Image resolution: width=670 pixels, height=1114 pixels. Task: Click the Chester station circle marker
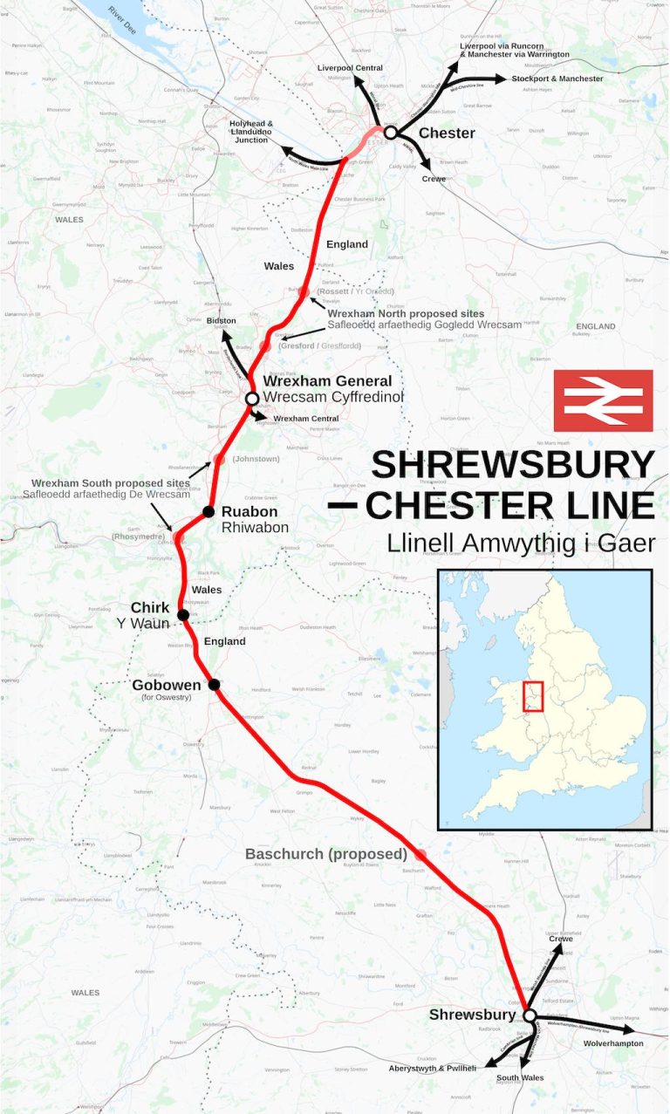[x=391, y=133]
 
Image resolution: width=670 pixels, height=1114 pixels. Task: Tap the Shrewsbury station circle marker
[x=529, y=1015]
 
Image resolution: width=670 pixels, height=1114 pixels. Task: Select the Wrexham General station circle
[x=252, y=399]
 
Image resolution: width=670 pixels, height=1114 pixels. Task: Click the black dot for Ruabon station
[x=209, y=511]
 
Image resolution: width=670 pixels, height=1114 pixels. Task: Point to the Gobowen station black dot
[x=214, y=685]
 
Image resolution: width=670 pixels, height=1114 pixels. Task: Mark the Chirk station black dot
[x=183, y=615]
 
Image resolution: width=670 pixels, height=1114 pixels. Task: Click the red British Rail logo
[x=603, y=400]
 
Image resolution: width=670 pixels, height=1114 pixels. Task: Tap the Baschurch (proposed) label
[x=325, y=853]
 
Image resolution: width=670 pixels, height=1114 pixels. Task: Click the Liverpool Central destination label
[x=350, y=67]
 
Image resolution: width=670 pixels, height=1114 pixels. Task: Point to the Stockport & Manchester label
[x=557, y=79]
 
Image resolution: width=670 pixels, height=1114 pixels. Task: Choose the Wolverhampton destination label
[x=613, y=1043]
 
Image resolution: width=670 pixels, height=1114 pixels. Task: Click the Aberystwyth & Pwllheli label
[x=433, y=1068]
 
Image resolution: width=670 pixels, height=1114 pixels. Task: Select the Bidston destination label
[x=221, y=321]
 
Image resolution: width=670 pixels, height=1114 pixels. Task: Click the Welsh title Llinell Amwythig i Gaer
[x=521, y=543]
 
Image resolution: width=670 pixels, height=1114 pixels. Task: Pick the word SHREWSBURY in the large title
[x=512, y=465]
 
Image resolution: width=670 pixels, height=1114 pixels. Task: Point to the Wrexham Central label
[x=305, y=419]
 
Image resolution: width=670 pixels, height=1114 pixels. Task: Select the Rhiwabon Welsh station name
[x=255, y=528]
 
